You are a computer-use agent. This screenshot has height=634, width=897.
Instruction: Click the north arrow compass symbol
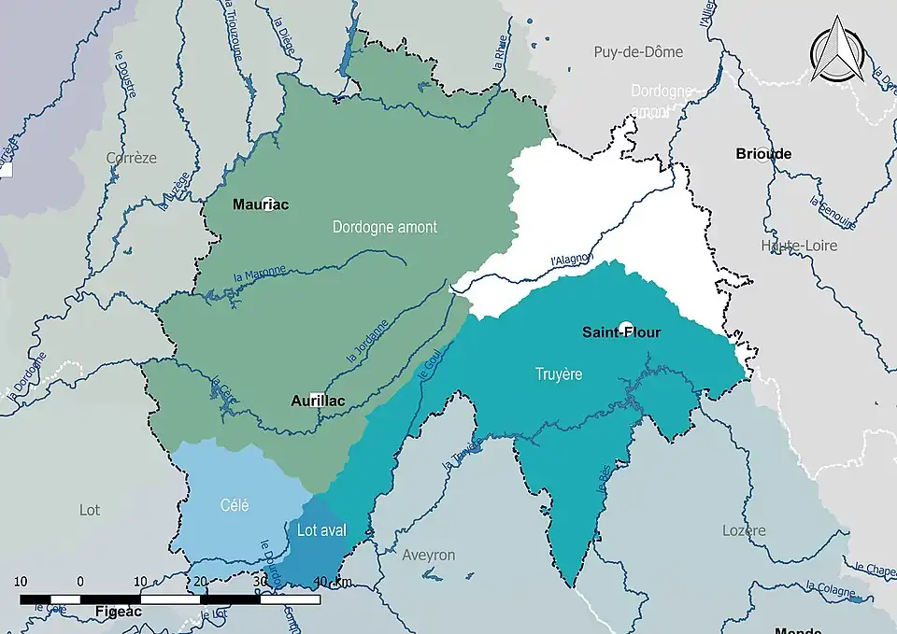837,52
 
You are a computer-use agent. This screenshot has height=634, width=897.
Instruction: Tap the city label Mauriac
260,204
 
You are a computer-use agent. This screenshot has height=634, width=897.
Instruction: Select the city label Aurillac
317,401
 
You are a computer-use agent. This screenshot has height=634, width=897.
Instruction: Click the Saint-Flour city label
621,331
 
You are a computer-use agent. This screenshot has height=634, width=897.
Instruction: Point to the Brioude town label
763,154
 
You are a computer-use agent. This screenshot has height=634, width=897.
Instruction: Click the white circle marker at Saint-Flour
626,328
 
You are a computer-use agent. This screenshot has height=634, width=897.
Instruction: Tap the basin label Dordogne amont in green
384,227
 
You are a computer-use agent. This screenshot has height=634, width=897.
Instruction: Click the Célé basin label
235,505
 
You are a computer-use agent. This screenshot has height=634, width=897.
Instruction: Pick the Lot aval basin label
321,530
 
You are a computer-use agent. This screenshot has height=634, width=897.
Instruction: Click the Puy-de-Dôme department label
638,52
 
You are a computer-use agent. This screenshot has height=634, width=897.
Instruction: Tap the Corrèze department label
132,158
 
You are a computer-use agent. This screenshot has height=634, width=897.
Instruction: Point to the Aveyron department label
428,555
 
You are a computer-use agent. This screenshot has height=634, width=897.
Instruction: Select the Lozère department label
744,530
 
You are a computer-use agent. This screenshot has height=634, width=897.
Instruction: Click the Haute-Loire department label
799,246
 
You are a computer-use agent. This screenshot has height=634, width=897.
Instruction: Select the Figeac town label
118,611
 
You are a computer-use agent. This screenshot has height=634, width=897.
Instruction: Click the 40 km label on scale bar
333,582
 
